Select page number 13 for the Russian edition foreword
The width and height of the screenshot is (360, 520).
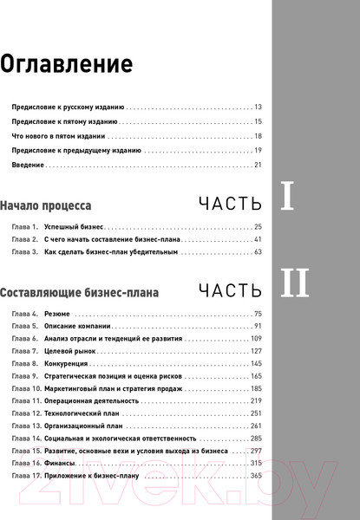coord(258,107)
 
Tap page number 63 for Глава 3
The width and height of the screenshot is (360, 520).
coord(258,251)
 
